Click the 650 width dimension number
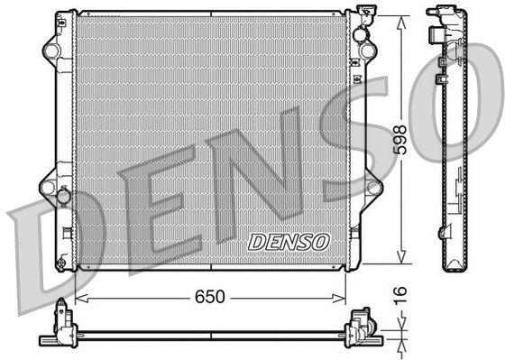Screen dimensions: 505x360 coord(209,297)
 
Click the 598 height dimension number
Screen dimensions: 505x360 coord(401,139)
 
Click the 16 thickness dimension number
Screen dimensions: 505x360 coord(400,296)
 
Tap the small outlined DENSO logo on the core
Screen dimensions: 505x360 coord(289,242)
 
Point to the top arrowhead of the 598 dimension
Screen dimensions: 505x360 coord(401,23)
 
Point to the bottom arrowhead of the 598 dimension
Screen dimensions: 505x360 coord(401,257)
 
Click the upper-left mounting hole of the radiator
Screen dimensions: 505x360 coord(52,51)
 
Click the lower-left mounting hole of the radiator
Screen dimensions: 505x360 coord(48,188)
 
